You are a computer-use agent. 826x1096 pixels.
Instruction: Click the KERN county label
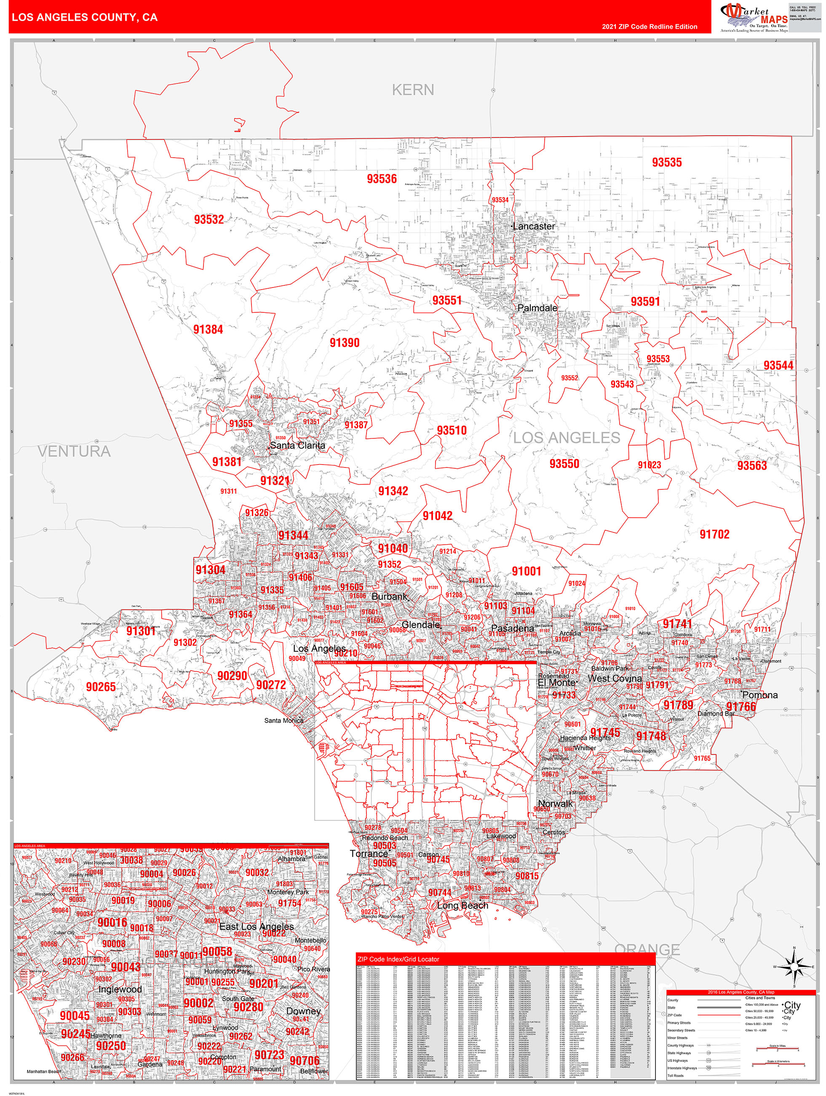(x=412, y=90)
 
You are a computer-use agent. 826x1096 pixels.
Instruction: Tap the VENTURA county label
(x=74, y=451)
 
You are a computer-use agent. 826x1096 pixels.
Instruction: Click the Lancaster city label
(x=534, y=226)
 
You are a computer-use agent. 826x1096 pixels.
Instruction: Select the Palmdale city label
(x=537, y=308)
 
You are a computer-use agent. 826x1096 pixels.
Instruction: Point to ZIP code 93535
(x=666, y=163)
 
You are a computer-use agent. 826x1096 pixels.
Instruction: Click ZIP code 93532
(x=209, y=220)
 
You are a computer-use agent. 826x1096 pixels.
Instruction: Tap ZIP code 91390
(x=345, y=343)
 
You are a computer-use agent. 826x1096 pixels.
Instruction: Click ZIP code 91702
(x=714, y=534)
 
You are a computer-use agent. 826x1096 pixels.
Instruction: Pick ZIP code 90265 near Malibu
(x=101, y=687)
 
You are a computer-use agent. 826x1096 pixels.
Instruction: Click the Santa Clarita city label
(x=298, y=446)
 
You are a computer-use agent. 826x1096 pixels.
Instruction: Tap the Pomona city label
(x=759, y=695)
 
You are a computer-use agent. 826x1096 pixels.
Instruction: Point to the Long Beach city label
(x=462, y=906)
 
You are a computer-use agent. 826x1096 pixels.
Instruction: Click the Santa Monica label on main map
(x=283, y=720)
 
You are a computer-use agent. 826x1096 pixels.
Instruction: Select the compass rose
(x=794, y=967)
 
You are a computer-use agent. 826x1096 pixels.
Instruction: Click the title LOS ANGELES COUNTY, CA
(x=85, y=17)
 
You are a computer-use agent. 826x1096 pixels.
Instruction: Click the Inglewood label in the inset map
(x=120, y=989)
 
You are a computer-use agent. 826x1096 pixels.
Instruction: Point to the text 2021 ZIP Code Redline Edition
(x=649, y=27)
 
